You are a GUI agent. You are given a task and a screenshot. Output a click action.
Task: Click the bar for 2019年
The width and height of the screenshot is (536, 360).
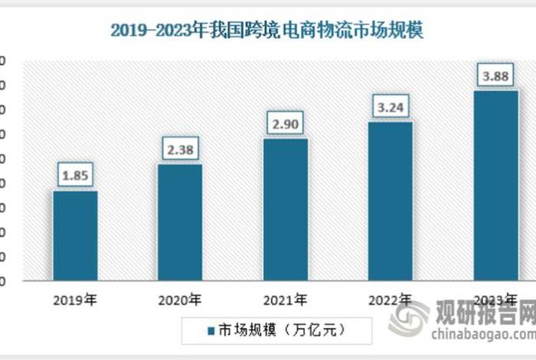tap(75, 235)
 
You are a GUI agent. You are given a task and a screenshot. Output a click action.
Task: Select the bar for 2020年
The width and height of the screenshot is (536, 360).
tap(180, 222)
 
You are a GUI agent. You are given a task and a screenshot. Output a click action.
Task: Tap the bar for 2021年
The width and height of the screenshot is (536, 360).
tap(285, 209)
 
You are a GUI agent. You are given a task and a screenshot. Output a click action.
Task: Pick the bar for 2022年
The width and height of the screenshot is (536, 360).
tap(391, 201)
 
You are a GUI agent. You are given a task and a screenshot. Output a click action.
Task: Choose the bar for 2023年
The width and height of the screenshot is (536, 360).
tap(495, 185)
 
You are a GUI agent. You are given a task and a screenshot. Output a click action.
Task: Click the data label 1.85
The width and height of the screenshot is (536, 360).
tap(75, 175)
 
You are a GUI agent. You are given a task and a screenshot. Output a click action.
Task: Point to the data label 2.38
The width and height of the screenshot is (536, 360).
tap(180, 149)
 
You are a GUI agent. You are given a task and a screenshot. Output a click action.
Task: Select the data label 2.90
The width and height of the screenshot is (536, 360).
tap(285, 123)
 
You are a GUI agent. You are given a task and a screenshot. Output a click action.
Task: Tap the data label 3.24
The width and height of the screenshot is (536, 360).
tap(391, 106)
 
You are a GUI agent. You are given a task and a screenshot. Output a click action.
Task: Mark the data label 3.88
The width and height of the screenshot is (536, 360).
tap(495, 76)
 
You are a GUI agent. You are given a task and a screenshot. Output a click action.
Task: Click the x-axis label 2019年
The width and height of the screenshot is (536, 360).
tap(75, 299)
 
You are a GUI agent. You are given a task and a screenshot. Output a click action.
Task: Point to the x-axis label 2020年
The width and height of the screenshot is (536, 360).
tap(180, 299)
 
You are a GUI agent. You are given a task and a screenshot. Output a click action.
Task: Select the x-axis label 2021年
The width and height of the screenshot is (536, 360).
tap(285, 299)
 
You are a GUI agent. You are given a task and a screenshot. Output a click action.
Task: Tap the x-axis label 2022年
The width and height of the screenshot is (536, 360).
tap(391, 299)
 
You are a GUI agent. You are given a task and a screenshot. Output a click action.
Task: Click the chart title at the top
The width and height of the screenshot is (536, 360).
tap(266, 31)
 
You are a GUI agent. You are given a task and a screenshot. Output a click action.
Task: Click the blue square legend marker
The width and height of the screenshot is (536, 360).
tap(210, 331)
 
